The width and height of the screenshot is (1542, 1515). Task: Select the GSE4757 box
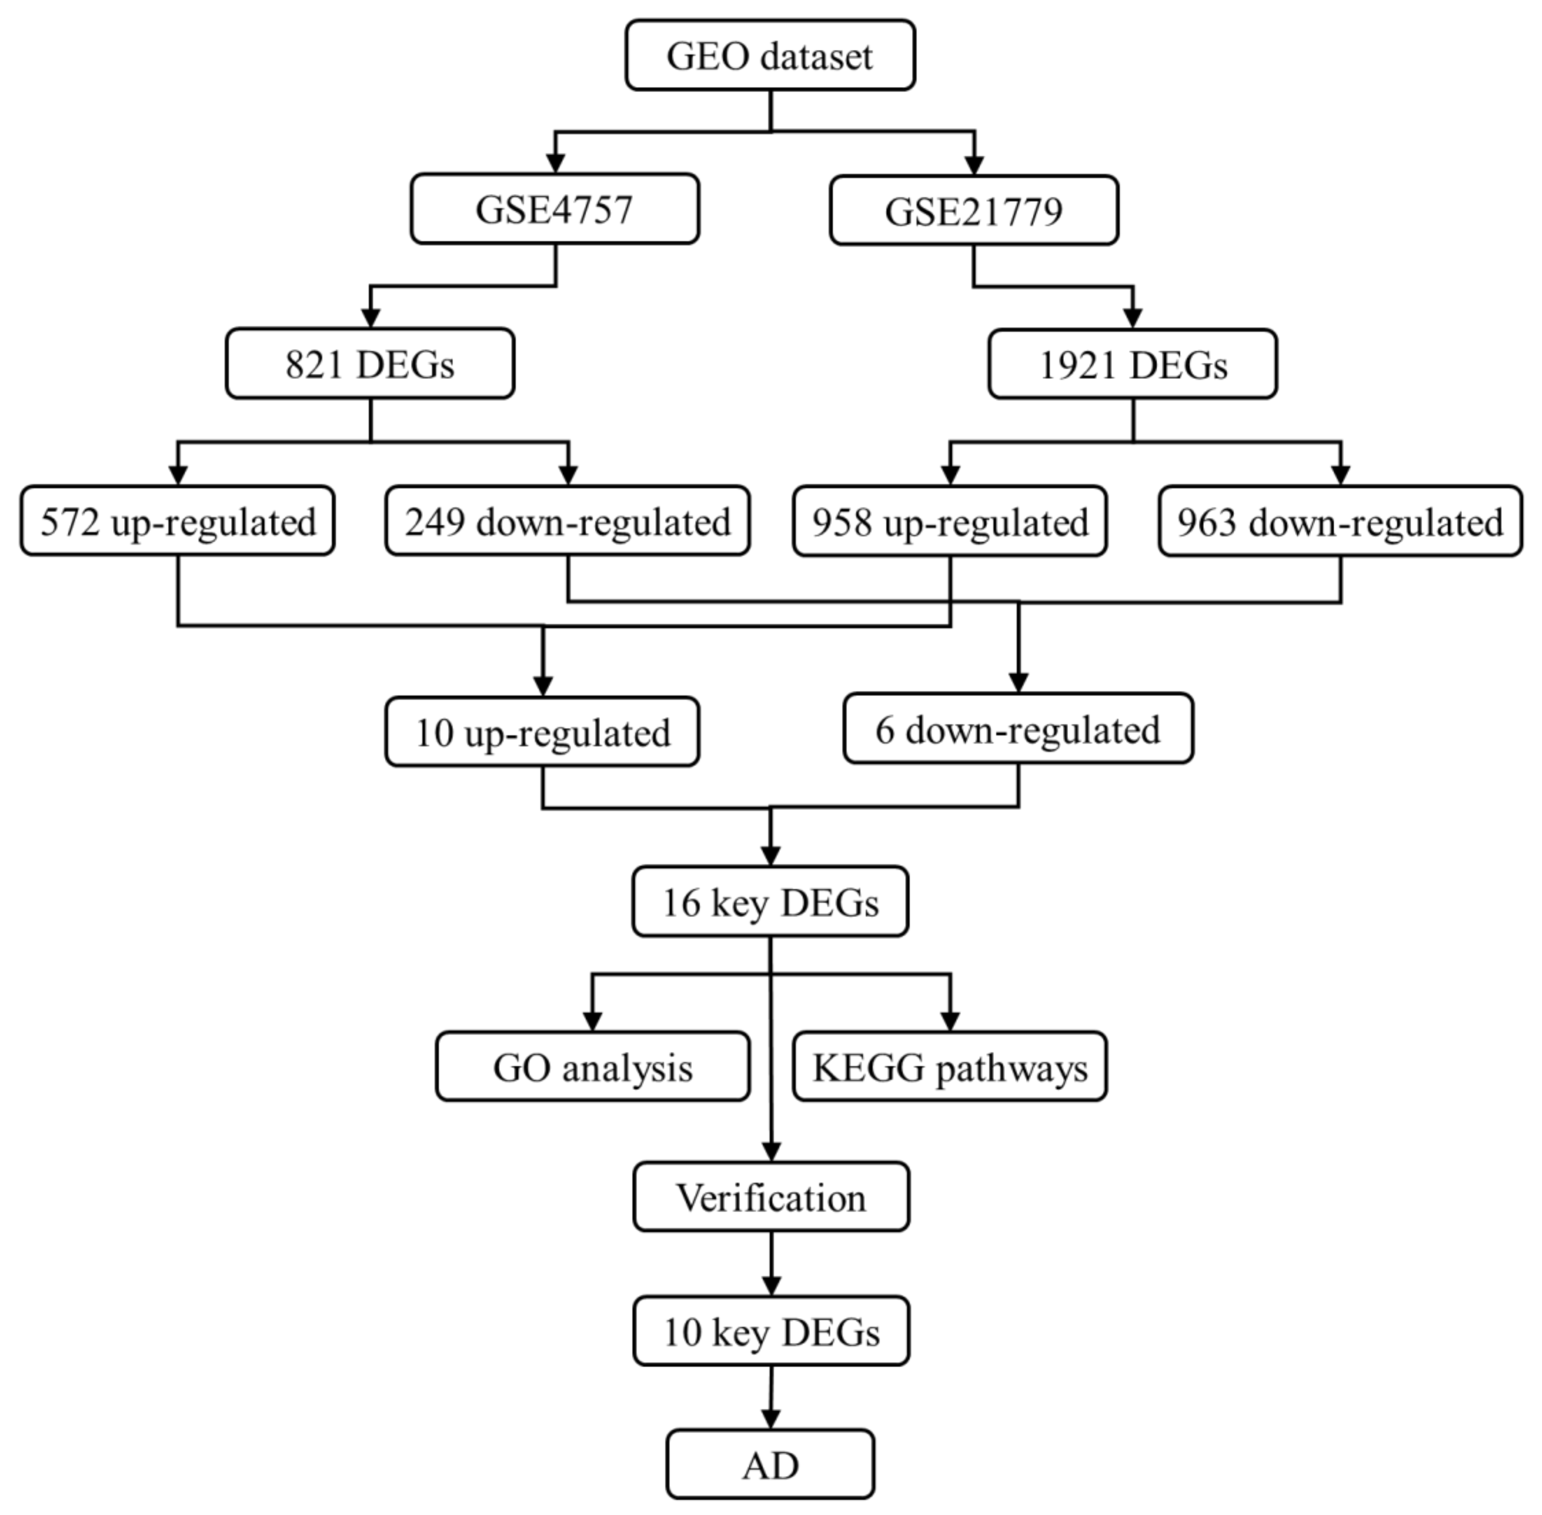(554, 209)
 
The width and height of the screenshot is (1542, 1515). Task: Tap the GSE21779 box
(973, 211)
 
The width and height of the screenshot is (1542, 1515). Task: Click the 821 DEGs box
(370, 364)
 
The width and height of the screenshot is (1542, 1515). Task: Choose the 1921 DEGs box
(1132, 365)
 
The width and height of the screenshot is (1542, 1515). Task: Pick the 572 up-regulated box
(177, 521)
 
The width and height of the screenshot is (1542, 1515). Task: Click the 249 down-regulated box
(567, 521)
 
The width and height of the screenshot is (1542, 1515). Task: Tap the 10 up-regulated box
(542, 732)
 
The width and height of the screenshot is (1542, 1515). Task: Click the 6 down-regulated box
(1018, 729)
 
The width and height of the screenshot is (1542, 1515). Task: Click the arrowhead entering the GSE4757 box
(555, 163)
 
